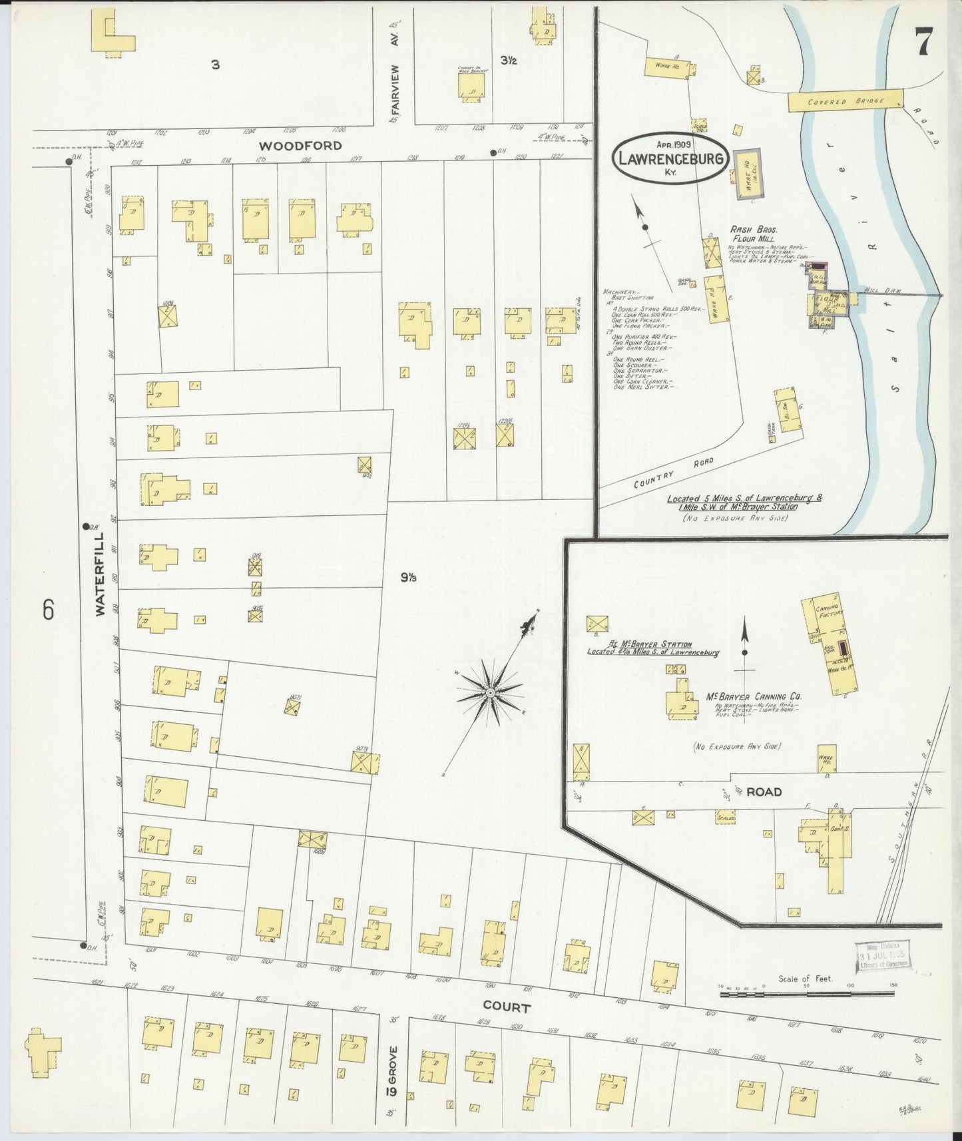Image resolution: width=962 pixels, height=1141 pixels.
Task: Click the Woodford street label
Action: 300,146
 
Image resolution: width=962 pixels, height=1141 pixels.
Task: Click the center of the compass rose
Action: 491,694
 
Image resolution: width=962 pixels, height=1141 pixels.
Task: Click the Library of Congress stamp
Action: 882,958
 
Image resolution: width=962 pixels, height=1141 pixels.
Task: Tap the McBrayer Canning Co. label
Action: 754,696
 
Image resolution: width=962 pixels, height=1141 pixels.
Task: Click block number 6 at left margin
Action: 48,610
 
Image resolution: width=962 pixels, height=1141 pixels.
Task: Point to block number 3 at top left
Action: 215,65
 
